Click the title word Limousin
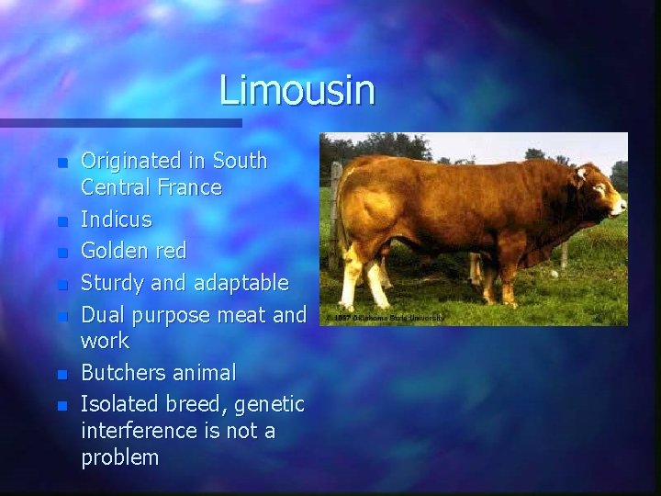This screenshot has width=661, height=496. (297, 91)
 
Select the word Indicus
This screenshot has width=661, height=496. (117, 220)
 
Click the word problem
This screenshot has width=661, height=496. (119, 457)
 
